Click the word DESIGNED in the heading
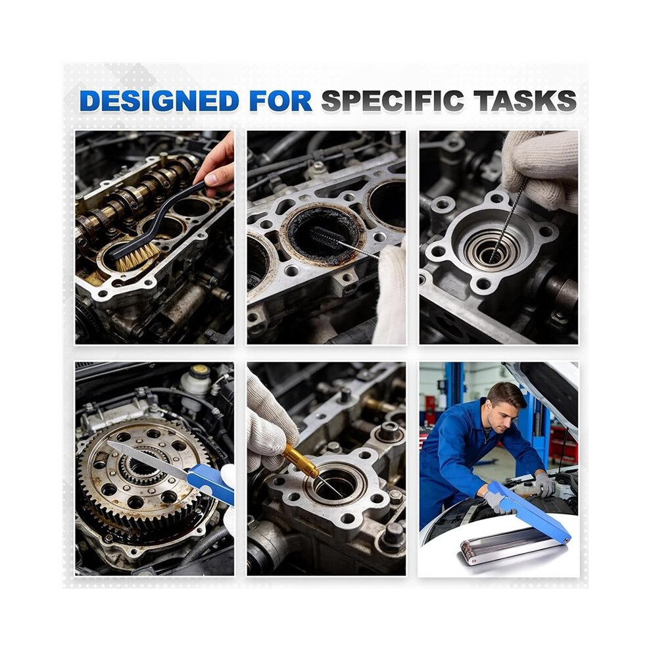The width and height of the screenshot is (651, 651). click(159, 101)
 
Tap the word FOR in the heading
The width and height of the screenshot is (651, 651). click(281, 101)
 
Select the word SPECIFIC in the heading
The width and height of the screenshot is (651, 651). click(393, 101)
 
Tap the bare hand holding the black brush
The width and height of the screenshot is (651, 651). click(217, 163)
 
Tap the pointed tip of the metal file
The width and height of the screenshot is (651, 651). click(108, 443)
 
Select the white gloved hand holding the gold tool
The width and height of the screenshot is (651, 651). click(269, 421)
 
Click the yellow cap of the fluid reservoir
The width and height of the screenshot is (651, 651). click(201, 371)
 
